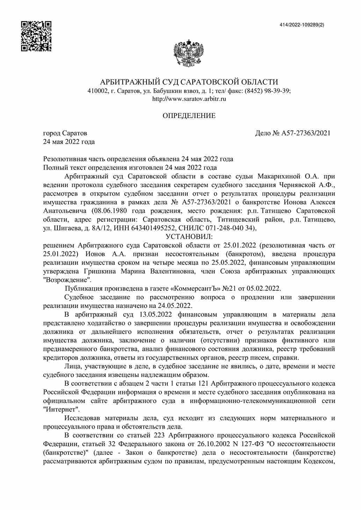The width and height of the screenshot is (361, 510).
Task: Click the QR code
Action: tap(36, 36)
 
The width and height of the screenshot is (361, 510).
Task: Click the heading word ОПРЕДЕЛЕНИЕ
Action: tap(189, 116)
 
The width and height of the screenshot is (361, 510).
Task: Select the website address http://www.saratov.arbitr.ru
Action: tap(189, 99)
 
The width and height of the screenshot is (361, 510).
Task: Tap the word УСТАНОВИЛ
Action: tap(189, 237)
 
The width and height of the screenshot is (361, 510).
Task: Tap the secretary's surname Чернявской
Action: tap(298, 185)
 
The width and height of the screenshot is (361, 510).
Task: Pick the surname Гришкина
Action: tap(99, 271)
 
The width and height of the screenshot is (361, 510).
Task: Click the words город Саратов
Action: tap(65, 133)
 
